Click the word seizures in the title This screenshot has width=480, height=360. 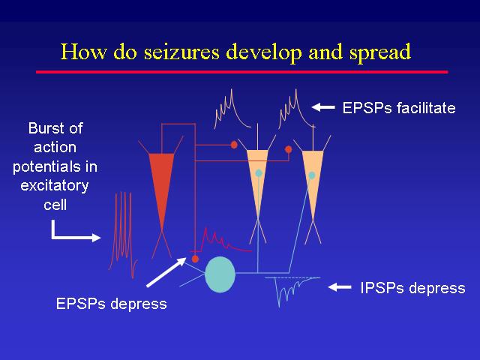tap(181, 52)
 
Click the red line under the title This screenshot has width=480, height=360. tap(241, 72)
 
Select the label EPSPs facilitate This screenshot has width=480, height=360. tap(398, 108)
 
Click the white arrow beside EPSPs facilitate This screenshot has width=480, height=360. tap(323, 107)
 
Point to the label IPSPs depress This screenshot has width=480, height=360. tap(412, 288)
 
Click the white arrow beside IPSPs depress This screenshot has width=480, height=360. tap(340, 287)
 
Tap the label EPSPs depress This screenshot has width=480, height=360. tap(112, 304)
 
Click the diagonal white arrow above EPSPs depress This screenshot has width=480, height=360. tap(166, 272)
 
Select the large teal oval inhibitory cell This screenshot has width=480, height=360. tap(220, 274)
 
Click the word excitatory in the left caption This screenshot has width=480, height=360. tap(55, 186)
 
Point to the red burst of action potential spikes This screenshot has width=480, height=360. tap(123, 235)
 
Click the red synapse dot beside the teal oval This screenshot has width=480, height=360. tap(195, 259)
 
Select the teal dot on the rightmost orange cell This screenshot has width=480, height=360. tap(312, 175)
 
